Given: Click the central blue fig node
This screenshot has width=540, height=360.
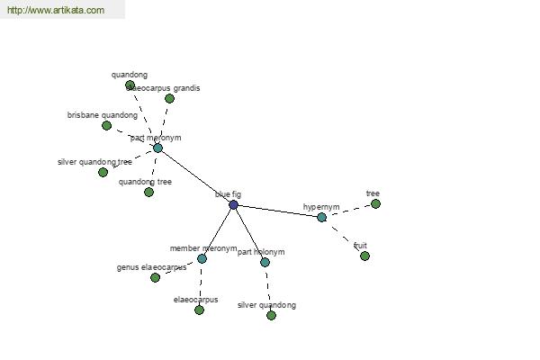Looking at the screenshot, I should [x=233, y=205].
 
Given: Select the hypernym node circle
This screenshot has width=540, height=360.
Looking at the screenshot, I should [x=321, y=217].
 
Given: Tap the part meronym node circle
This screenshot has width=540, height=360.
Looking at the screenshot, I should [x=157, y=148].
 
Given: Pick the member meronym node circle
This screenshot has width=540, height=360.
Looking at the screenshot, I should [x=202, y=258].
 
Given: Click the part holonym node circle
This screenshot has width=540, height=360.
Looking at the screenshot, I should [x=265, y=262].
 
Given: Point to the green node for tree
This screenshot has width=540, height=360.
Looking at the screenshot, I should [x=375, y=204].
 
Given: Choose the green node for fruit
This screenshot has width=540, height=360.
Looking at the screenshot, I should [x=364, y=256].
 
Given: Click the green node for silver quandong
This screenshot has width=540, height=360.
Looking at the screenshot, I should [x=271, y=316].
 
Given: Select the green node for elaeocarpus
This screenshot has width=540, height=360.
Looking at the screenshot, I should [x=199, y=310].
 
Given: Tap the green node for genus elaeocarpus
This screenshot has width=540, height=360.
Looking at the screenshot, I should [x=155, y=278].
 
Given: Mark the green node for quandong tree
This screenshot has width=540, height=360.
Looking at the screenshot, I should [x=148, y=192].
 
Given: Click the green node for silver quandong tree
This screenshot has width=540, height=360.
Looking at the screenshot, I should [x=103, y=172].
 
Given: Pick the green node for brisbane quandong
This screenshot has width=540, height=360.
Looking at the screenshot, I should [x=106, y=126].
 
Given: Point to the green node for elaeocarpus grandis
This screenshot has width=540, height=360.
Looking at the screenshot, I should [x=169, y=99].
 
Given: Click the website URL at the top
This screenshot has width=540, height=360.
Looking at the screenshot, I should [x=55, y=11].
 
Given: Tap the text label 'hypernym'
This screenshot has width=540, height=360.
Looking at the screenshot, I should [x=321, y=207].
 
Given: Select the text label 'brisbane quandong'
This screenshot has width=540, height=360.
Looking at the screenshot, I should [x=103, y=115].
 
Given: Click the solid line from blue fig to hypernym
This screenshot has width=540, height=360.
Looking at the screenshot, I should [x=277, y=211].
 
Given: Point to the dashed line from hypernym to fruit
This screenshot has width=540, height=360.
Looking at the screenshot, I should [x=343, y=237].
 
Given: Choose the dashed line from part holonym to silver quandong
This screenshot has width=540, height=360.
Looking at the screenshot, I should [x=268, y=289].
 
